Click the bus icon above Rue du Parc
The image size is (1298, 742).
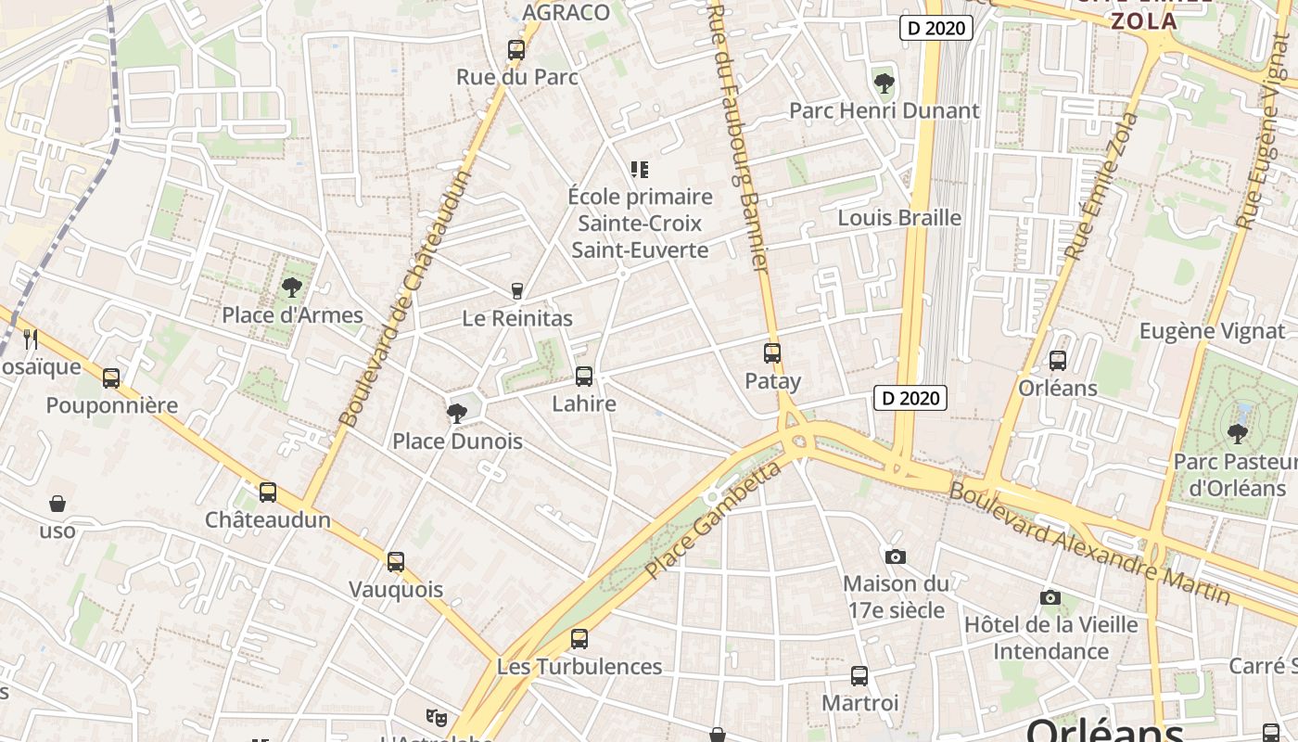516,50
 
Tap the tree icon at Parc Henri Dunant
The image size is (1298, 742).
884,83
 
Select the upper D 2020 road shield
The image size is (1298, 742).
936,28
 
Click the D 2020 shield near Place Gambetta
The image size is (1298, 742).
910,399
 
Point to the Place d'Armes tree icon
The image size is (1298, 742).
292,288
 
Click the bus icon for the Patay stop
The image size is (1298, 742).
772,353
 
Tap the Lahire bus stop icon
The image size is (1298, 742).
584,377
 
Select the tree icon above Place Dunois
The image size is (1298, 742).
456,414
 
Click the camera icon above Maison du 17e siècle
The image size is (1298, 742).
896,556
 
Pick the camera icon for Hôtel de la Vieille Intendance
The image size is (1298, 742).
1050,597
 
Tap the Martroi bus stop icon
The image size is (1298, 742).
859,676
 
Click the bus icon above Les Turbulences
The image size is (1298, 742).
579,639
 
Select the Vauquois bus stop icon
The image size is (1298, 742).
396,562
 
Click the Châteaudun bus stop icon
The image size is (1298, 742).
268,493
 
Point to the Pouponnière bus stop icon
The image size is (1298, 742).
111,378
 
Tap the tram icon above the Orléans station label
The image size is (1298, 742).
1058,361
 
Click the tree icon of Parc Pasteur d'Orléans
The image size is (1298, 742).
1237,433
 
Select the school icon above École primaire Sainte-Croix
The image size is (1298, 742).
640,169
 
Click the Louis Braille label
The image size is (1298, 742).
899,218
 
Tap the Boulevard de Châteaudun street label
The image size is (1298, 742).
405,297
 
